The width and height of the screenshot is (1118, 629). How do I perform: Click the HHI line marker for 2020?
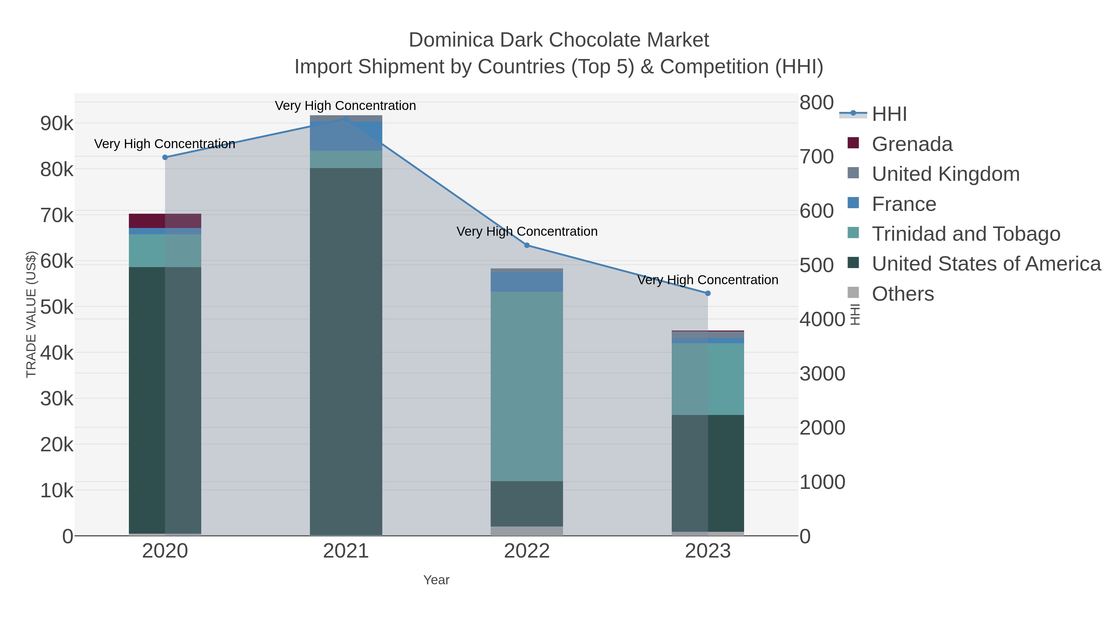pos(165,157)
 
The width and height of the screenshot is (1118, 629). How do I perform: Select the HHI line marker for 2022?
pos(527,245)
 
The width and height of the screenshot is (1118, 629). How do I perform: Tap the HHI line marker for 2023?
pos(708,294)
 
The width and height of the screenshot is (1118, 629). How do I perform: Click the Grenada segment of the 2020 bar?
pos(165,221)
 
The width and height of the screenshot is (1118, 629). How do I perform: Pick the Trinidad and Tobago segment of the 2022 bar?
pos(527,386)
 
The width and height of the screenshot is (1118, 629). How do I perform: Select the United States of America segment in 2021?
pos(346,352)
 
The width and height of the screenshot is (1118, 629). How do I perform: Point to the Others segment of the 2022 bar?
pos(527,531)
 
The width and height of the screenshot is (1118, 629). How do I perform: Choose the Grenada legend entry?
pos(911,144)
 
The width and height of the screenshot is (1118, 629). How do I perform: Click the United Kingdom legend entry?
pos(945,174)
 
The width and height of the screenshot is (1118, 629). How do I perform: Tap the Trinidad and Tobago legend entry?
pos(966,234)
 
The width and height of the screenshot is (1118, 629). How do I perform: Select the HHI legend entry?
pos(889,114)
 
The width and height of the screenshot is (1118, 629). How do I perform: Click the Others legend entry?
pos(903,294)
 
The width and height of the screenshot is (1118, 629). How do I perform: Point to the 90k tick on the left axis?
pos(57,124)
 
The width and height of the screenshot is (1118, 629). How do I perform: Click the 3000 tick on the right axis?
pos(822,374)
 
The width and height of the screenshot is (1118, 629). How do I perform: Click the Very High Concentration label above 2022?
pos(527,231)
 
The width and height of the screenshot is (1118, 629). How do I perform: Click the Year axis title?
pos(436,580)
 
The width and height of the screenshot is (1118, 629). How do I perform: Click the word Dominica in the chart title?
pos(451,40)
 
